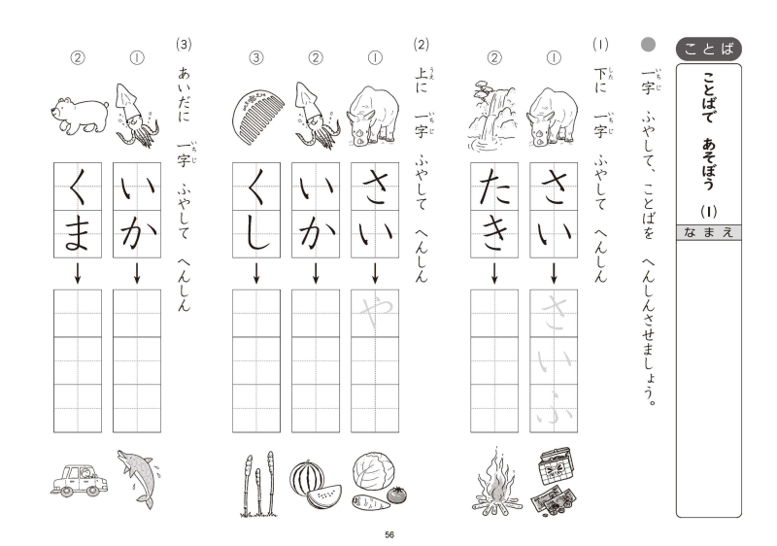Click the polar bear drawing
click(80, 116)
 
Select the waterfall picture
click(493, 116)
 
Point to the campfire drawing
click(496, 482)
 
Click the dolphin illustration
click(139, 479)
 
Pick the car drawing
click(80, 480)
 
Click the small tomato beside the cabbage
click(396, 494)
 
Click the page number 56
click(389, 534)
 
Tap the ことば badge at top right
click(709, 49)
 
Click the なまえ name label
click(709, 232)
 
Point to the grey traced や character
click(376, 313)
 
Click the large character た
click(494, 187)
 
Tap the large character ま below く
click(78, 234)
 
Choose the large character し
click(257, 234)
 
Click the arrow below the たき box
click(494, 273)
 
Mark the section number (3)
click(184, 45)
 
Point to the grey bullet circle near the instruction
click(648, 45)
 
